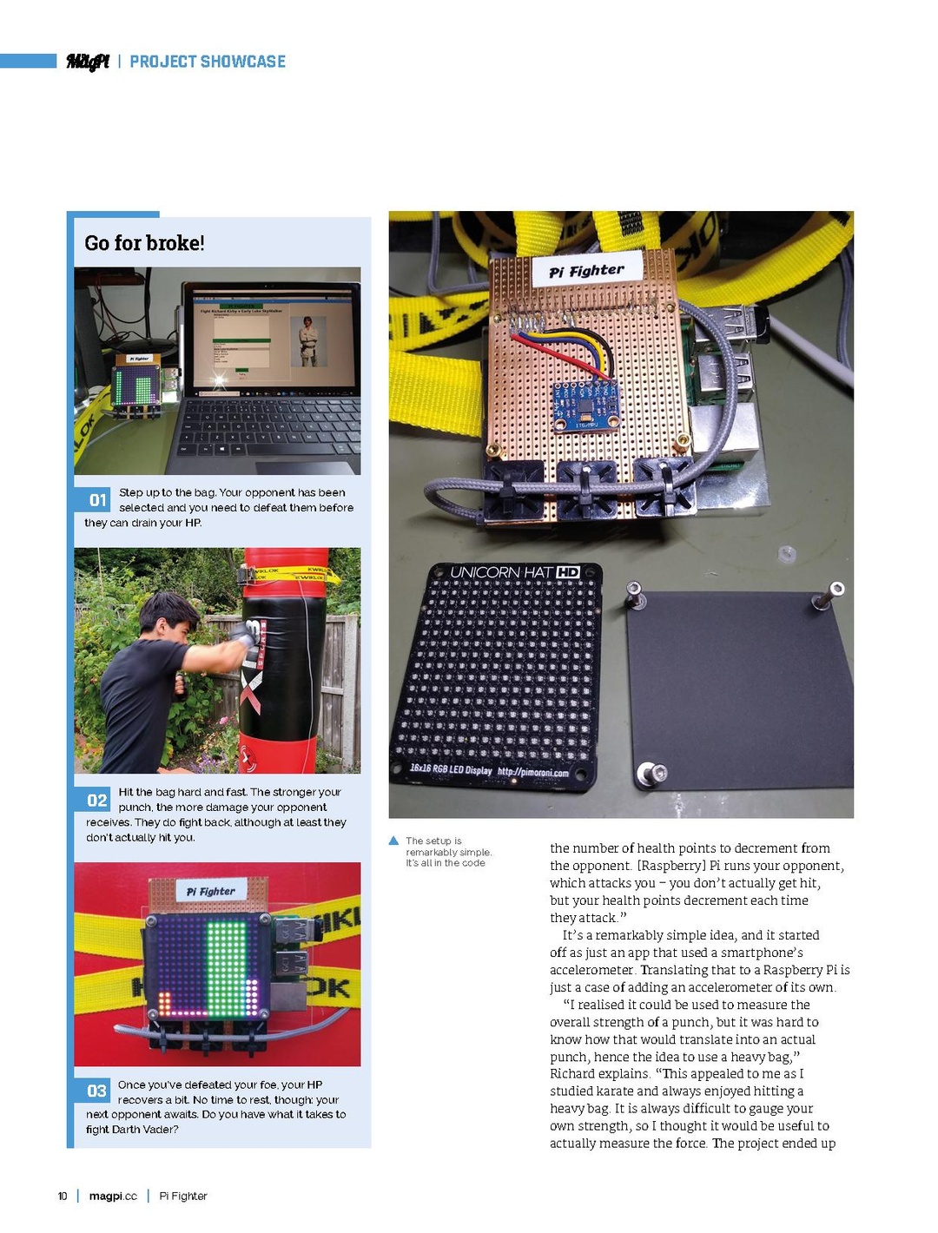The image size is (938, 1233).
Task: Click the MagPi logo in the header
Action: point(88,62)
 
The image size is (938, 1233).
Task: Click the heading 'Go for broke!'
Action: point(144,243)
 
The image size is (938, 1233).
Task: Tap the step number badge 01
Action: point(98,500)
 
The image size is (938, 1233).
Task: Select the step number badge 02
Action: point(97,800)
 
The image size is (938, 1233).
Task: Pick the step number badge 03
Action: point(96,1091)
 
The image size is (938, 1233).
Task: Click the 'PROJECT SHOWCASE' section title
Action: point(208,62)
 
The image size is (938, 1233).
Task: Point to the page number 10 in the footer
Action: point(63,1197)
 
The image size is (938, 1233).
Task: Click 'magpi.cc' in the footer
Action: point(113,1197)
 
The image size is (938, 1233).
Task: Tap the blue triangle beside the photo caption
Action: point(393,841)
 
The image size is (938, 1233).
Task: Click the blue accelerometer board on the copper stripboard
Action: point(586,405)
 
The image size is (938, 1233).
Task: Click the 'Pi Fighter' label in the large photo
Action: point(586,271)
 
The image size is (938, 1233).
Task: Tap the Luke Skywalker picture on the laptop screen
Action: point(307,340)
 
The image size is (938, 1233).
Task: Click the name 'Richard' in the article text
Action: point(572,1074)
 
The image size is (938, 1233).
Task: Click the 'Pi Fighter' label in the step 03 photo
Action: point(211,891)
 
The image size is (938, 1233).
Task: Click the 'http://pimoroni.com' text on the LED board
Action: point(532,772)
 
